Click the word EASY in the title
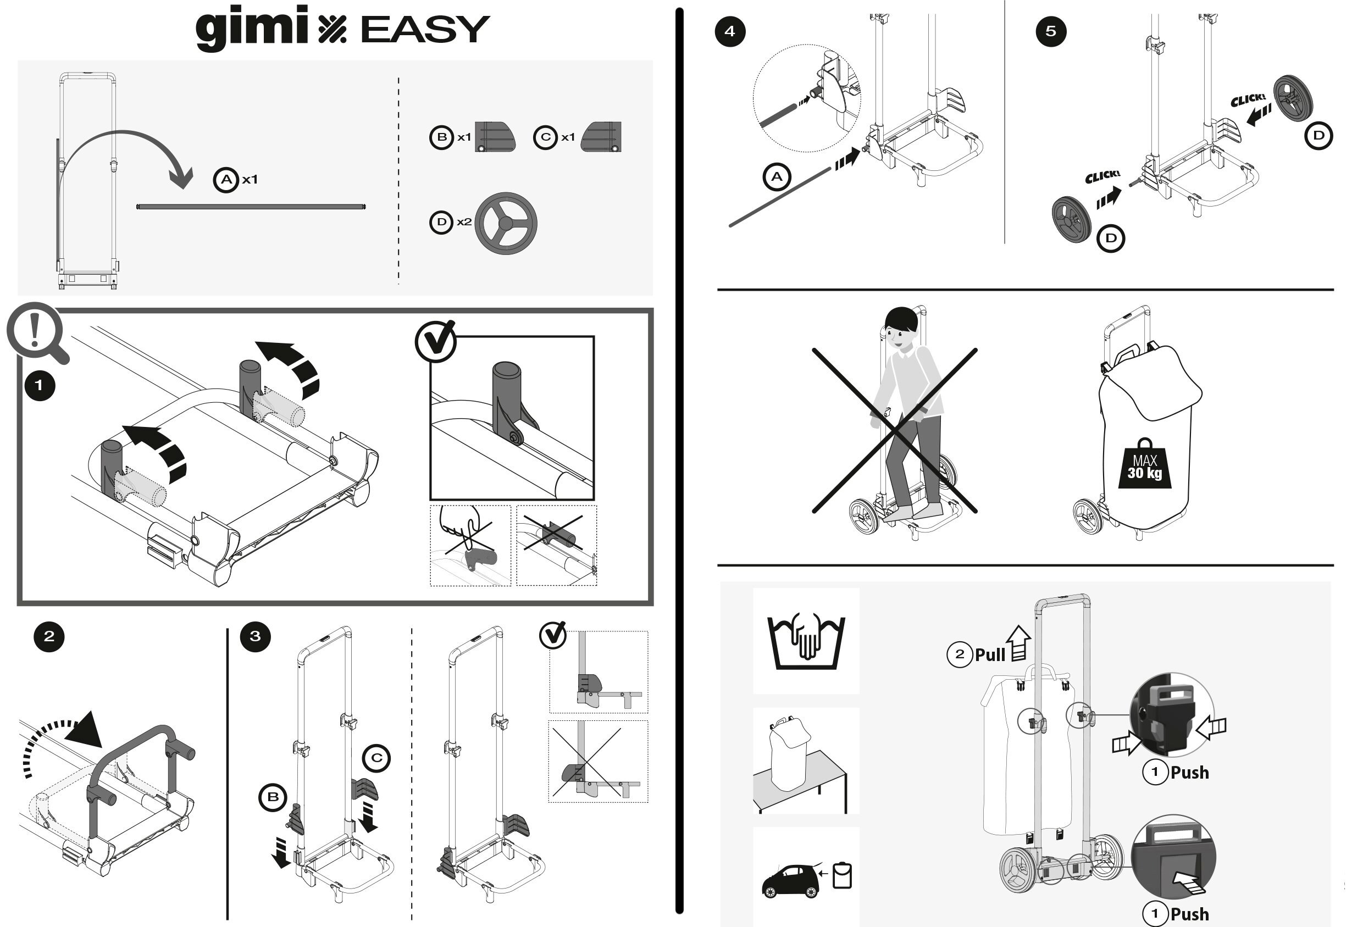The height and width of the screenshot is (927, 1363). coord(425,29)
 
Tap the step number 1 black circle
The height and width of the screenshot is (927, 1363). coord(39,386)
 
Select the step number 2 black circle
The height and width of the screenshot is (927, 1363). coord(49,637)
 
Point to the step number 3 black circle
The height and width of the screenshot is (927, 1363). coord(255,637)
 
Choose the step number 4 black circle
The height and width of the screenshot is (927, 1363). coord(730,31)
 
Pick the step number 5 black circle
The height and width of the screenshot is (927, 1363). coord(1051,31)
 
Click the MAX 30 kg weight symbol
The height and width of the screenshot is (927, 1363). coord(1144,465)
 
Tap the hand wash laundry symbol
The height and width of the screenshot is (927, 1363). coord(806,641)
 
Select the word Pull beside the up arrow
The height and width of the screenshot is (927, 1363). coord(990,654)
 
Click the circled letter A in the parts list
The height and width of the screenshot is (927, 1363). coord(226,180)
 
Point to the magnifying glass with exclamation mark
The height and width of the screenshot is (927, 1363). coord(35,331)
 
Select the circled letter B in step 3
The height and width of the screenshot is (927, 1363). coord(273,797)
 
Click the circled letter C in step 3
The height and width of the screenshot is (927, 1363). coord(376,758)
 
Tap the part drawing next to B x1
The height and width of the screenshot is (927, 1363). coord(495,137)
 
